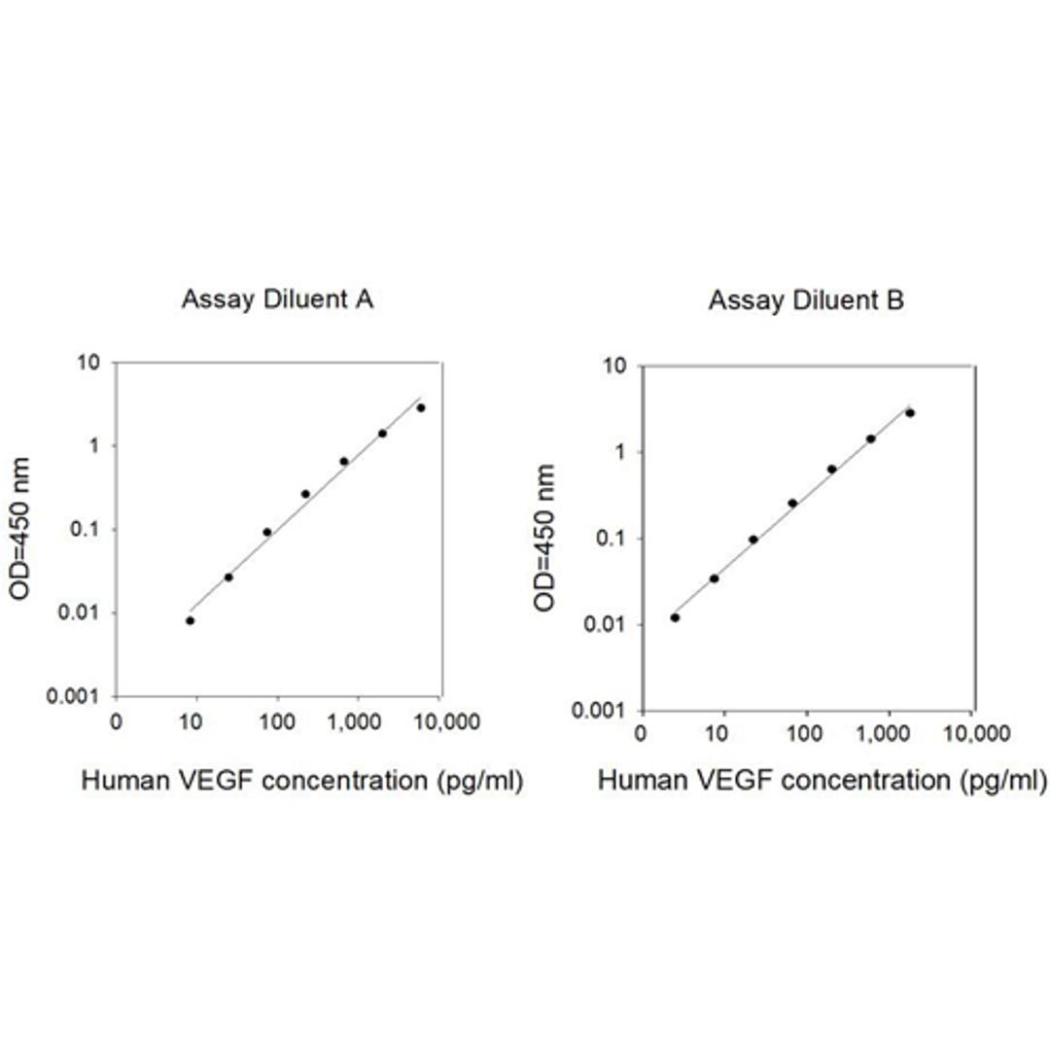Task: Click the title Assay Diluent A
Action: pyautogui.click(x=278, y=300)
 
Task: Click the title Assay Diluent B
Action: pyautogui.click(x=806, y=300)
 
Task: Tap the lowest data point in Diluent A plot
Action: pyautogui.click(x=190, y=620)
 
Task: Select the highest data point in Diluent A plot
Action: pyautogui.click(x=421, y=407)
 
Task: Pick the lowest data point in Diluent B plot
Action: pyautogui.click(x=675, y=617)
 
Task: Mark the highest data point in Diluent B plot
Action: pyautogui.click(x=910, y=412)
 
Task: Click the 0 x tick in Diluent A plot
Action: pyautogui.click(x=117, y=721)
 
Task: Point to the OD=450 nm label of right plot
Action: pyautogui.click(x=546, y=537)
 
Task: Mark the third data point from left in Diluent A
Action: pyautogui.click(x=267, y=532)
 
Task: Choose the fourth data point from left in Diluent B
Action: pyautogui.click(x=792, y=503)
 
